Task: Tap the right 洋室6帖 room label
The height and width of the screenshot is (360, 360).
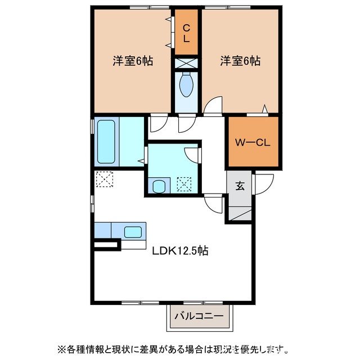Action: click(x=240, y=61)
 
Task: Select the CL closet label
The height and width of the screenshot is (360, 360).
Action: click(x=186, y=34)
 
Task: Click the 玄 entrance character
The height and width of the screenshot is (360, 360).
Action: click(x=240, y=186)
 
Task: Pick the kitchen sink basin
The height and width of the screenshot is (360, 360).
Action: click(x=133, y=231)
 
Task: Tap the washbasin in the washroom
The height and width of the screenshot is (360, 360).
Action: click(x=160, y=184)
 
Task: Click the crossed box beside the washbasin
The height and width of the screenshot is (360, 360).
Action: click(x=184, y=184)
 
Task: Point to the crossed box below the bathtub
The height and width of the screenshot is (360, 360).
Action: click(x=104, y=180)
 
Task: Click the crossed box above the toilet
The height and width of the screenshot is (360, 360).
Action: click(x=186, y=63)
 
